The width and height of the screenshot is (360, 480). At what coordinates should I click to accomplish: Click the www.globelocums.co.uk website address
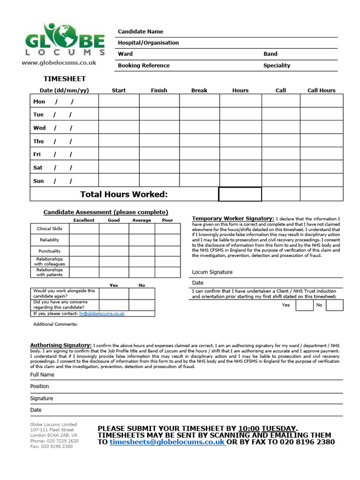click(x=59, y=62)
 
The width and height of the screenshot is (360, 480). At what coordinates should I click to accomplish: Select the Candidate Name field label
click(x=141, y=31)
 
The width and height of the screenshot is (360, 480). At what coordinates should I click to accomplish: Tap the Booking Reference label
click(x=143, y=66)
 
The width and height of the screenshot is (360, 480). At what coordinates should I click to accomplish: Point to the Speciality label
click(x=277, y=66)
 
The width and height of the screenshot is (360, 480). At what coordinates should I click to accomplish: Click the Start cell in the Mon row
click(x=119, y=101)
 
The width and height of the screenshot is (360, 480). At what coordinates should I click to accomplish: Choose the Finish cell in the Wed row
click(x=159, y=128)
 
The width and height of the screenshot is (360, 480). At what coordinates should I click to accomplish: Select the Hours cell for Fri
click(x=240, y=154)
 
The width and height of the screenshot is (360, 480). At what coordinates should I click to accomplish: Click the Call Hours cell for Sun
click(x=321, y=180)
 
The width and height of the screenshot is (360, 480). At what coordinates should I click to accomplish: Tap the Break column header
click(x=199, y=90)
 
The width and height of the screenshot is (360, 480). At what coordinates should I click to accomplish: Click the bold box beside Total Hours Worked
click(x=240, y=194)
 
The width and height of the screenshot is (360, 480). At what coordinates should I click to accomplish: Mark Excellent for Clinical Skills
click(x=84, y=229)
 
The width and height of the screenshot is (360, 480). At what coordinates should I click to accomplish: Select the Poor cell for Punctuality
click(x=167, y=251)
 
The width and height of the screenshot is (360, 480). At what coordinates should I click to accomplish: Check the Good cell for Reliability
click(x=114, y=240)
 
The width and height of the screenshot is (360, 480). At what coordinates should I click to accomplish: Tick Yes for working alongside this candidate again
click(x=114, y=293)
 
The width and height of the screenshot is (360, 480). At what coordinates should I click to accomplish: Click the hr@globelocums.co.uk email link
click(x=102, y=313)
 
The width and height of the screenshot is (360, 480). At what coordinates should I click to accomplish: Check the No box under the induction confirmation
click(x=335, y=305)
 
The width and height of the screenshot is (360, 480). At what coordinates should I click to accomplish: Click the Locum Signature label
click(x=212, y=272)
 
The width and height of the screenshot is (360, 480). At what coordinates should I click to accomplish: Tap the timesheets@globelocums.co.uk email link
click(x=167, y=442)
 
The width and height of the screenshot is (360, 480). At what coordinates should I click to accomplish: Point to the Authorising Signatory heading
click(x=61, y=345)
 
